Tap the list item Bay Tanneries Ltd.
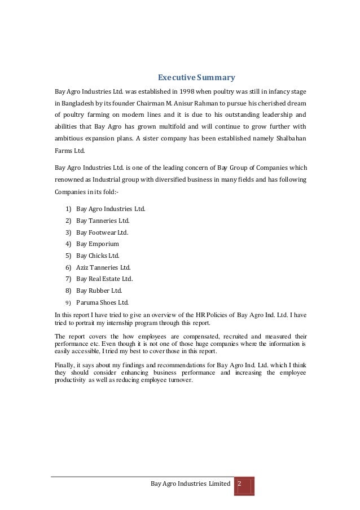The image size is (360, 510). tap(103, 221)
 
